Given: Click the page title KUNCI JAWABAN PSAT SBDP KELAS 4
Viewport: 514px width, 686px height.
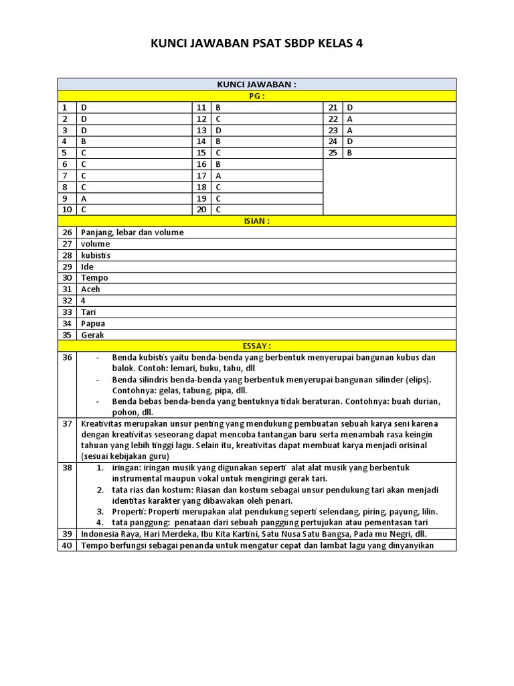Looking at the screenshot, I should click(257, 44).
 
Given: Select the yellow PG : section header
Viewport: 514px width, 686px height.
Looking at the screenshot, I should click(257, 96).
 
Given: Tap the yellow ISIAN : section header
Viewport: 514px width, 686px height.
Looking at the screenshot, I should click(257, 221).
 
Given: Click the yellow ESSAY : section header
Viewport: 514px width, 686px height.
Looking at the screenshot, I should click(257, 346).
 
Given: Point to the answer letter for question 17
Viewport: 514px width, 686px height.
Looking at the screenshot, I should click(218, 176).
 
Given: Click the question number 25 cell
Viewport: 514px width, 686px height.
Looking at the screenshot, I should click(333, 153).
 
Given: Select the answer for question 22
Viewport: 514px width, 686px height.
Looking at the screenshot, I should click(350, 119).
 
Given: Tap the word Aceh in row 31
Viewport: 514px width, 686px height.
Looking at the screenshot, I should click(90, 289).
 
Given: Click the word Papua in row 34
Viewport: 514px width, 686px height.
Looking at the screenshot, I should click(93, 323).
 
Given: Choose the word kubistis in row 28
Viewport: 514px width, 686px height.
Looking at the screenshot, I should click(96, 255).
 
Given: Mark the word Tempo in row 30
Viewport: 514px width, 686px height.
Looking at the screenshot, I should click(94, 277).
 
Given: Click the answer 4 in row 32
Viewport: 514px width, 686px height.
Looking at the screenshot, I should click(84, 300).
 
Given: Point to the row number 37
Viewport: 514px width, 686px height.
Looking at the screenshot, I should click(67, 423).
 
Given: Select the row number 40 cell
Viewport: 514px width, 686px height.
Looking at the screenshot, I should click(67, 545).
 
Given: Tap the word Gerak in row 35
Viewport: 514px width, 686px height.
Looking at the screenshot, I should click(92, 334).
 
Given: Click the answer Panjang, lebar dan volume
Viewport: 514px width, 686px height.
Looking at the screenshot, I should click(132, 232).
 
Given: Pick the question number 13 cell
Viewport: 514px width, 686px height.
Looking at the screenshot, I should click(201, 130).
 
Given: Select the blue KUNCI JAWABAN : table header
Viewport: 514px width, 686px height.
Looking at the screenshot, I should click(257, 84).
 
